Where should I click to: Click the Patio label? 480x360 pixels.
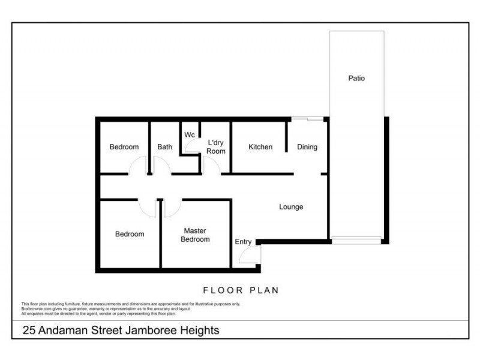[x=356, y=78]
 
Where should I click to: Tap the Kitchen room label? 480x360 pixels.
[x=260, y=147]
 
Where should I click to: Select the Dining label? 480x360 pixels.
[x=307, y=147]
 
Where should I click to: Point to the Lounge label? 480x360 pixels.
[x=291, y=207]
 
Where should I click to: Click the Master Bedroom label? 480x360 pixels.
[x=196, y=235]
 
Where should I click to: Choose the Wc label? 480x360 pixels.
[x=190, y=134]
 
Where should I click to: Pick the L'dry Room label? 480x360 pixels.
[x=216, y=147]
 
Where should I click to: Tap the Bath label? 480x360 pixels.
[x=164, y=147]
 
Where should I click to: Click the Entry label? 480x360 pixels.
[x=244, y=242]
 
